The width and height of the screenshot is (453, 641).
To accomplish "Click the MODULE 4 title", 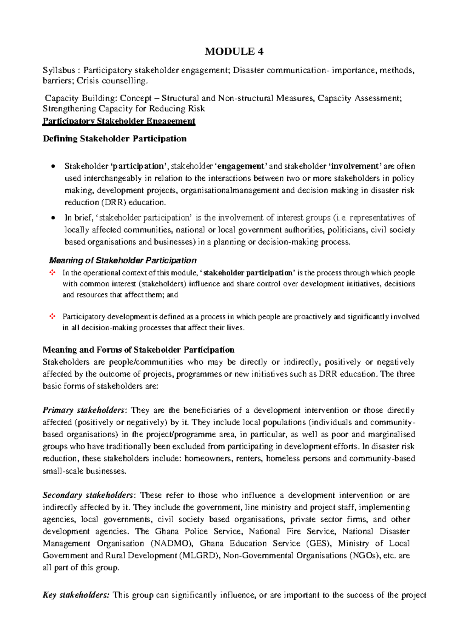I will (x=234, y=51).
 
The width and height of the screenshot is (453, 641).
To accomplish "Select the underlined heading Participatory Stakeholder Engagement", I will (x=119, y=121).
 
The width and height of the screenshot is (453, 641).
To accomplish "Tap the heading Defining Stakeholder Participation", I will (x=114, y=139).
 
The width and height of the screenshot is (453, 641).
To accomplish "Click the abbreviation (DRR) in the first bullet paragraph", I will (x=114, y=203).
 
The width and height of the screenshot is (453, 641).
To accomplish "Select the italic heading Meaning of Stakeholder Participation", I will (x=123, y=260).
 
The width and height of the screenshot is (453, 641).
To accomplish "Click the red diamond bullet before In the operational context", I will (x=52, y=273).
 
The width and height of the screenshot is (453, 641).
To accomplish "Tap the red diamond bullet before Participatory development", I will (x=52, y=317).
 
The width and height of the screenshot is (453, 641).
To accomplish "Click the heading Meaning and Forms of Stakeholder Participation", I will (x=139, y=350).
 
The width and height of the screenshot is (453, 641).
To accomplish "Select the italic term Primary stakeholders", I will (x=83, y=410).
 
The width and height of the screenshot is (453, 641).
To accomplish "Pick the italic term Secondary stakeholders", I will (x=88, y=495).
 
